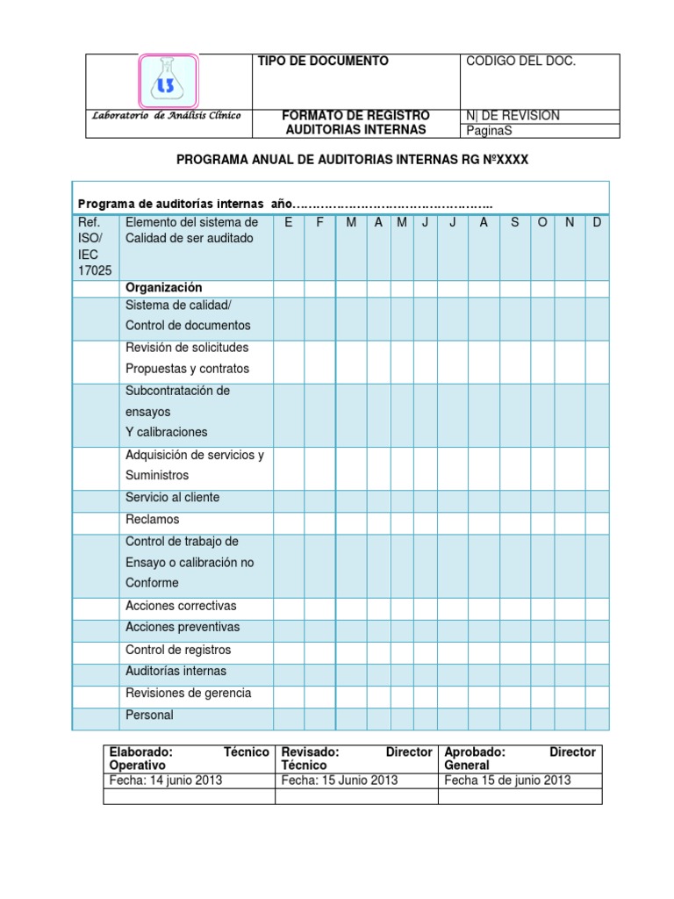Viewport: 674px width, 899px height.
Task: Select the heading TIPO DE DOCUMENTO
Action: [322, 61]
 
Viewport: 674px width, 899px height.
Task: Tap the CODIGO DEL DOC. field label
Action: [520, 61]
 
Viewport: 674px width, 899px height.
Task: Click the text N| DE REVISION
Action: [513, 116]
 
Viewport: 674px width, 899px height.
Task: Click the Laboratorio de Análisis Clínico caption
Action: [168, 116]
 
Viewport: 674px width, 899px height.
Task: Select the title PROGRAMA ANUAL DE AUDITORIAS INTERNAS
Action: [353, 160]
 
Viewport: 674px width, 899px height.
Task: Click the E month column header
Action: [289, 223]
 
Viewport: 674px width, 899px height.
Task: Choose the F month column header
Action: [320, 223]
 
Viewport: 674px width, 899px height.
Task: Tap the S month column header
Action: [514, 223]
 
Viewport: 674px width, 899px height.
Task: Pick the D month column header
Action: [597, 223]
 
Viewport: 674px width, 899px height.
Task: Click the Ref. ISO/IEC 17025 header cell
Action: [96, 247]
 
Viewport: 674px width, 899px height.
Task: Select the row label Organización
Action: [164, 288]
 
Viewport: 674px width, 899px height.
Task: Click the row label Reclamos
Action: [153, 520]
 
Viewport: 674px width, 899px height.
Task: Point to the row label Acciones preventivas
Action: [183, 628]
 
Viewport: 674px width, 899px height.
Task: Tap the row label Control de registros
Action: [178, 650]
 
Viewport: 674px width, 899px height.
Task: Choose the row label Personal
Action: [149, 716]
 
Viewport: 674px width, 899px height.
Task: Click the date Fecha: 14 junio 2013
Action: [166, 780]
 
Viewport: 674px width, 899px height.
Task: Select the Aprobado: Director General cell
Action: [520, 759]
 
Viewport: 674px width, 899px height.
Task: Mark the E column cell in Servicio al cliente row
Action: [289, 499]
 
